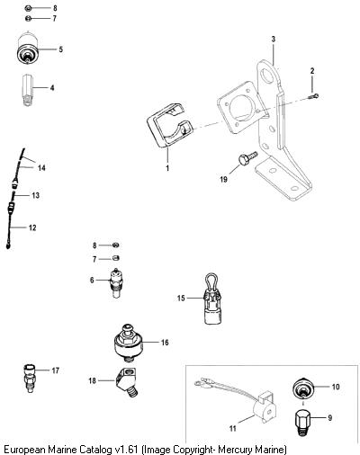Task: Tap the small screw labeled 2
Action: pos(314,96)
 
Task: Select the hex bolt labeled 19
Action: pos(248,158)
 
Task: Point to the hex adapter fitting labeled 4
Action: pos(27,90)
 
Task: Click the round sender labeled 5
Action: pos(28,49)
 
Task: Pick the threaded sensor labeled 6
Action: pos(116,282)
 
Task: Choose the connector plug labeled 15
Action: pos(212,299)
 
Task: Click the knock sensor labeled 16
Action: pos(129,342)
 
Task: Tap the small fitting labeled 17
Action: pos(29,378)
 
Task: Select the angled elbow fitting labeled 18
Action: pos(126,381)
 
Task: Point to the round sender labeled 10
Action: pos(303,389)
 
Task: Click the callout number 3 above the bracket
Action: pos(273,39)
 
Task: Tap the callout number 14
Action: pos(41,168)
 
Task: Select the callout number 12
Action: pos(32,227)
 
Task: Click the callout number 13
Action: pos(35,195)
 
